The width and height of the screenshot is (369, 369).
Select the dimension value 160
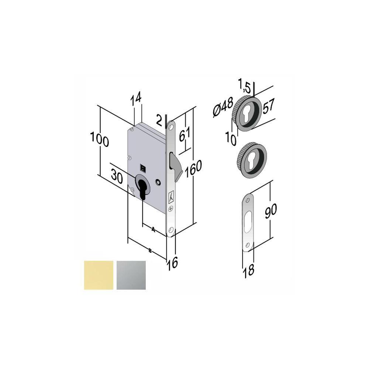pyautogui.click(x=193, y=169)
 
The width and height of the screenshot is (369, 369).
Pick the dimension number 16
pyautogui.click(x=173, y=263)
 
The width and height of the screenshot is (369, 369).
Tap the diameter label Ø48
pyautogui.click(x=223, y=107)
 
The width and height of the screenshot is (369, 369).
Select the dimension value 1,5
pyautogui.click(x=244, y=86)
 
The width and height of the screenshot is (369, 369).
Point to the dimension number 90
pyautogui.click(x=270, y=210)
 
